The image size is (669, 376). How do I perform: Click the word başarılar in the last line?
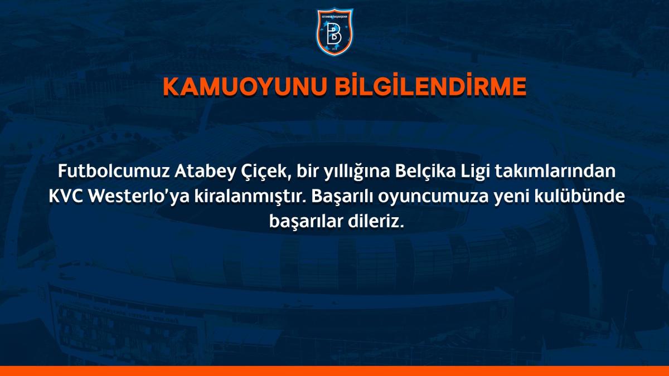tap(302, 222)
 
